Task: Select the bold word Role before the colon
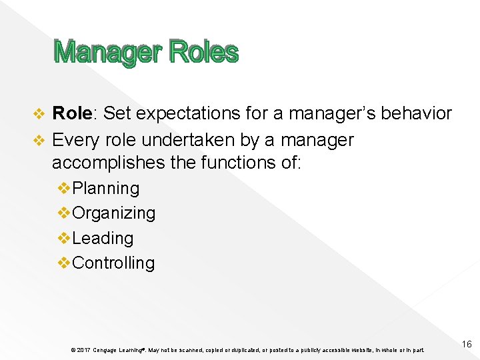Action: pos(71,113)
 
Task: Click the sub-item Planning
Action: pos(106,189)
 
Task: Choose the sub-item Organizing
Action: pos(113,213)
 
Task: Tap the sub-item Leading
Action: pos(103,238)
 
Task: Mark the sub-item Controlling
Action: pos(113,263)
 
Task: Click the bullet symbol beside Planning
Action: pos(65,189)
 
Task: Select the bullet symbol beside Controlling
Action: pos(65,263)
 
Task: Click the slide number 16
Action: pos(466,344)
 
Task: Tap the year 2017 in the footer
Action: pos(83,350)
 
